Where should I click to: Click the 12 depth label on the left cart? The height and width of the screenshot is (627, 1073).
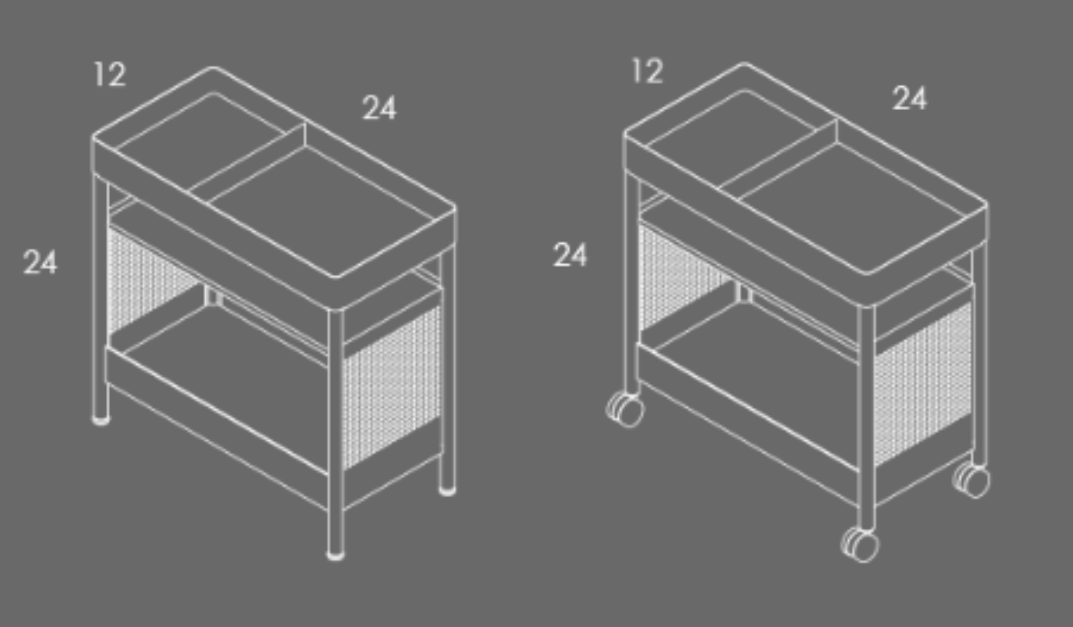click(x=110, y=74)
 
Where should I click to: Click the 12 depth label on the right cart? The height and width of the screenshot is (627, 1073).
click(x=647, y=71)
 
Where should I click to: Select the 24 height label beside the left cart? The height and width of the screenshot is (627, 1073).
click(x=40, y=262)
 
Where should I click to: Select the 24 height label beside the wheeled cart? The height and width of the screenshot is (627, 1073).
click(x=570, y=254)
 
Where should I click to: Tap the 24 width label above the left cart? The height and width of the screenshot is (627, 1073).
click(x=379, y=107)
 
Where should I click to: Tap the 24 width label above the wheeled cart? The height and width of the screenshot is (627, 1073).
click(x=910, y=98)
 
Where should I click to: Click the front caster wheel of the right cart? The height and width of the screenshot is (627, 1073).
click(x=859, y=545)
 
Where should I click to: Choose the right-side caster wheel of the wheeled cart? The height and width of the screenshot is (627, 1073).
click(x=971, y=481)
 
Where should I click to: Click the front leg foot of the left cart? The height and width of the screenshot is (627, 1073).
click(x=336, y=555)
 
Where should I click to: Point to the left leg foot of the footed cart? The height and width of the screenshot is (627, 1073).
click(x=101, y=421)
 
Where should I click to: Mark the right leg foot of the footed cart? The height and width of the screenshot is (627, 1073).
click(x=447, y=491)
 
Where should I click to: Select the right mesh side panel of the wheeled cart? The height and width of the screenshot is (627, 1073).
click(x=923, y=384)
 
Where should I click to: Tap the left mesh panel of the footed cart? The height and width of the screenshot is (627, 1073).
click(x=152, y=280)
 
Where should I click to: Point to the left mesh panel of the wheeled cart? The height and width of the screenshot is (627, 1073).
click(x=684, y=276)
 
